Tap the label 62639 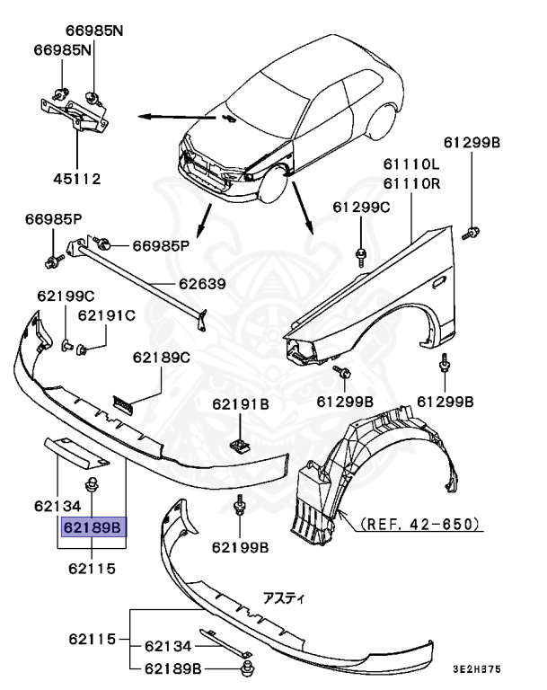click(x=201, y=285)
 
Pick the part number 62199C click(x=65, y=296)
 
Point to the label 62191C click(x=106, y=315)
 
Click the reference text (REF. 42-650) click(x=419, y=522)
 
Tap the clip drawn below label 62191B click(x=239, y=443)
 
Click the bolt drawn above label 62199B click(x=240, y=509)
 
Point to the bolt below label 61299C click(x=360, y=252)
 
